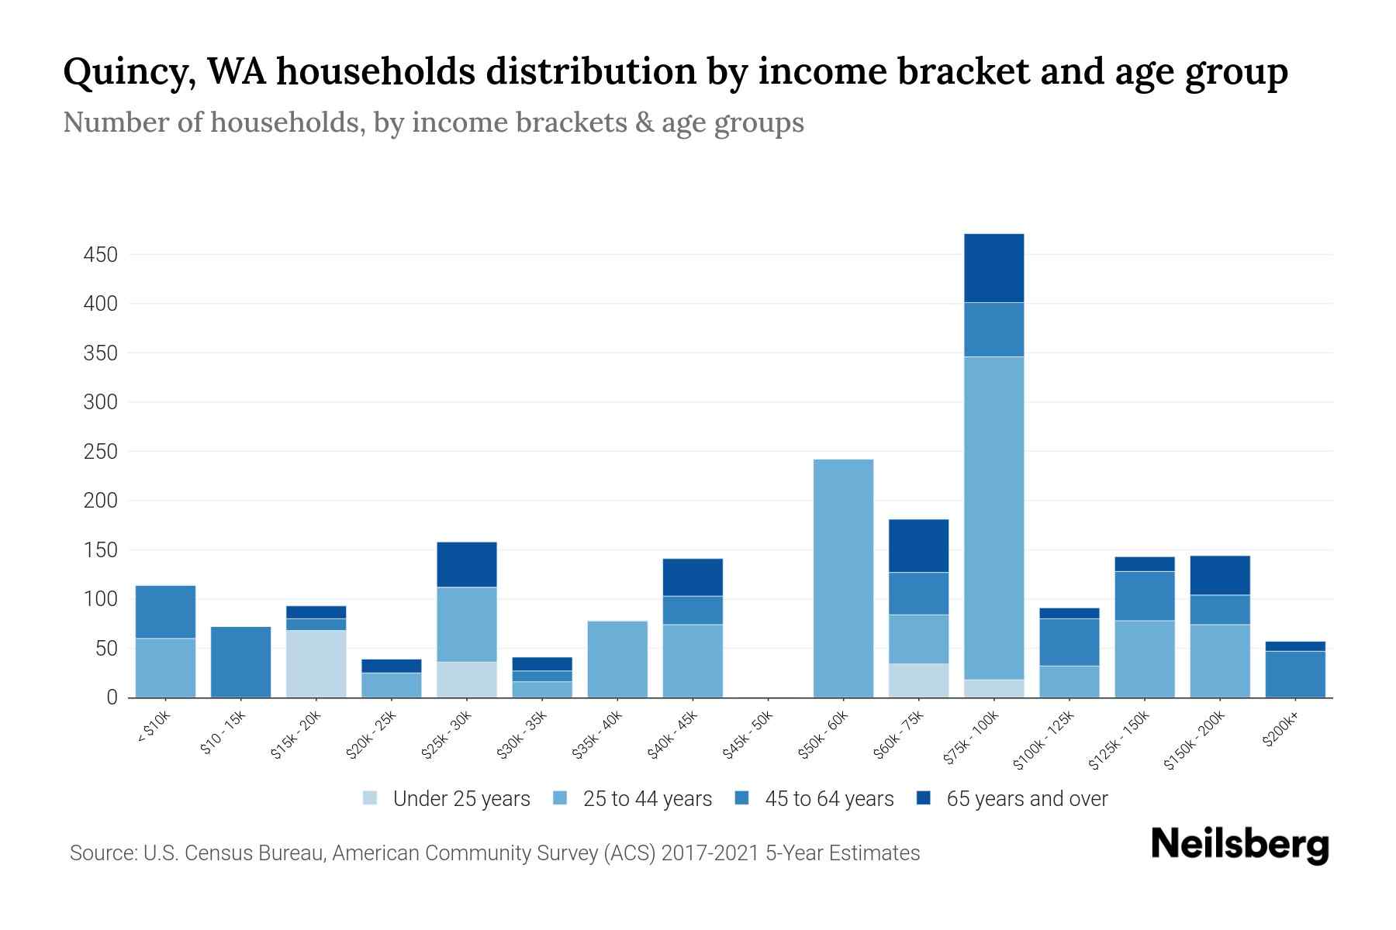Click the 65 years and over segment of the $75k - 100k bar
993,268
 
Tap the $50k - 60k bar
843,578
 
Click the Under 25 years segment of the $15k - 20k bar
316,663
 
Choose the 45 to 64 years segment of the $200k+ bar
1294,674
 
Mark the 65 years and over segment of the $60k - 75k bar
918,546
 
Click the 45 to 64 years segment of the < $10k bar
165,611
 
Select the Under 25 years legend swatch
371,798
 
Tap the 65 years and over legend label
1027,799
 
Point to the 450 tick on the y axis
101,255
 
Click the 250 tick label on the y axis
101,452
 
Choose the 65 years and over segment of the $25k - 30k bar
466,564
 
